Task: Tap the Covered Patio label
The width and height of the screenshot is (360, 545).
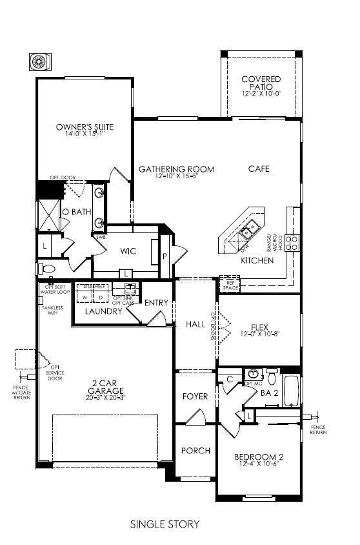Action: (x=261, y=83)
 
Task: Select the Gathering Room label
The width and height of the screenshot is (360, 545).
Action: (x=176, y=170)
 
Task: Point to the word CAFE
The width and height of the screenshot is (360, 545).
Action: (x=259, y=169)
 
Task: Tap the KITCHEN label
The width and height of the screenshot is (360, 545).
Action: (x=257, y=261)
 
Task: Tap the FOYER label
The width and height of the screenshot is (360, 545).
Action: (x=195, y=396)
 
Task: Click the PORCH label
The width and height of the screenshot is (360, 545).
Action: (x=195, y=450)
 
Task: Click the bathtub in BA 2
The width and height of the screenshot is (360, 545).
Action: (x=292, y=387)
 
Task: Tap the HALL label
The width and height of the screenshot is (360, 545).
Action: (x=195, y=324)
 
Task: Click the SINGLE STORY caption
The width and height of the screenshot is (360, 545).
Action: (x=165, y=524)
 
